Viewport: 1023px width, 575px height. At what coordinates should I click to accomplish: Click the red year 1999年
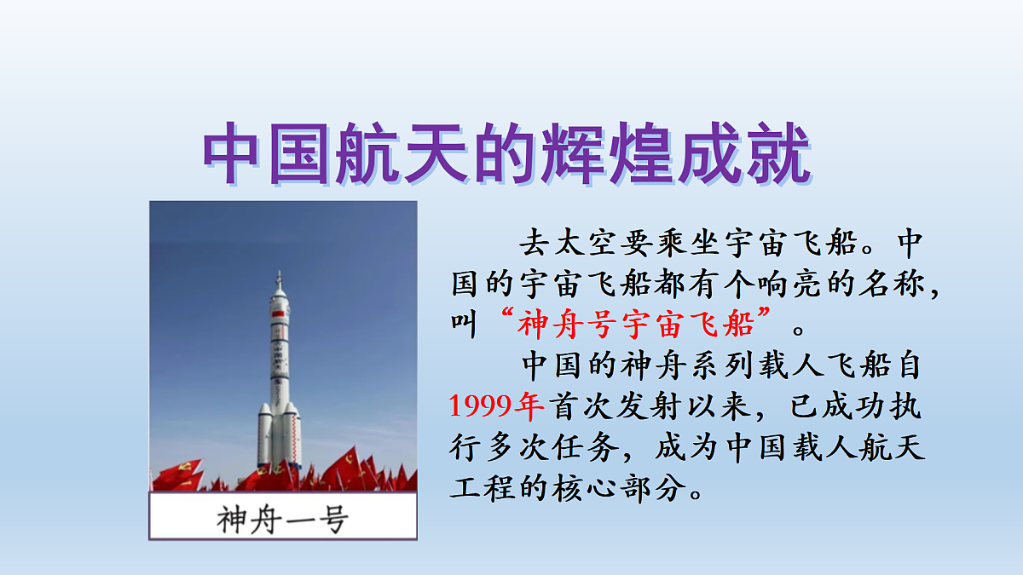coord(496,406)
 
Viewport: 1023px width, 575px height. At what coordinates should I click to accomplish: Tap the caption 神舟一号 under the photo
coord(283,518)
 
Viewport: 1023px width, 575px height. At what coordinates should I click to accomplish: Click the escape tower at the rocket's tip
coord(279,281)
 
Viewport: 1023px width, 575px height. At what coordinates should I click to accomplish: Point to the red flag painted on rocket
coord(275,316)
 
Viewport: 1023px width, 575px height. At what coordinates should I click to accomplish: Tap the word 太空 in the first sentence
coord(588,244)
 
